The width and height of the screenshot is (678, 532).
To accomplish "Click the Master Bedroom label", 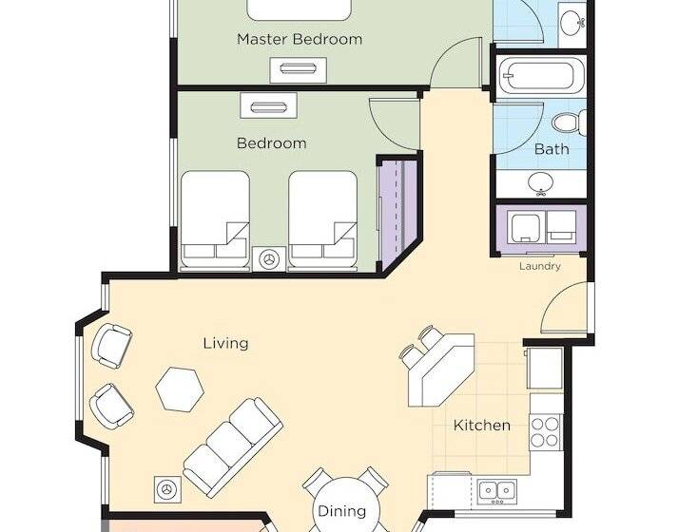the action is click(x=300, y=39).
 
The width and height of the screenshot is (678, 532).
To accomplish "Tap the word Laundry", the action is click(x=539, y=266).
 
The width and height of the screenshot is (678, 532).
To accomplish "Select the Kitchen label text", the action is click(x=482, y=426).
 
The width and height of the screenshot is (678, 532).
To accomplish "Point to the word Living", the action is click(x=225, y=344).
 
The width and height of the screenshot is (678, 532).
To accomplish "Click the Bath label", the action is click(x=552, y=149).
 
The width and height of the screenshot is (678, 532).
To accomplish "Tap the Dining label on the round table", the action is click(x=341, y=512).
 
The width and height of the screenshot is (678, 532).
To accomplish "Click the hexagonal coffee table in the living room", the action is click(x=180, y=389).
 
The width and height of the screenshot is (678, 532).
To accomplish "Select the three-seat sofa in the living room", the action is click(x=233, y=447).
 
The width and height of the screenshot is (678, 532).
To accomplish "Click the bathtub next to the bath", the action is click(x=539, y=76).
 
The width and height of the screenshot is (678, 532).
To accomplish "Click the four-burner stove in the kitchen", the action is click(x=545, y=432).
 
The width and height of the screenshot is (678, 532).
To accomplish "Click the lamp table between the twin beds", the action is click(x=269, y=259).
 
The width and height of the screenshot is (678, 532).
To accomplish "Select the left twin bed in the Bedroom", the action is click(x=215, y=219).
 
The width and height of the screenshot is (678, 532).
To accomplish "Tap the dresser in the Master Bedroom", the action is click(x=298, y=69).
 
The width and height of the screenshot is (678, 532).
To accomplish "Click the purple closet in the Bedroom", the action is click(x=397, y=213).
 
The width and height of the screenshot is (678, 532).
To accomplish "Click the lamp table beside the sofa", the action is click(x=167, y=489).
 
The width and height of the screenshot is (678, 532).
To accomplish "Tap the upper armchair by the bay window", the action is click(x=111, y=347).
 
